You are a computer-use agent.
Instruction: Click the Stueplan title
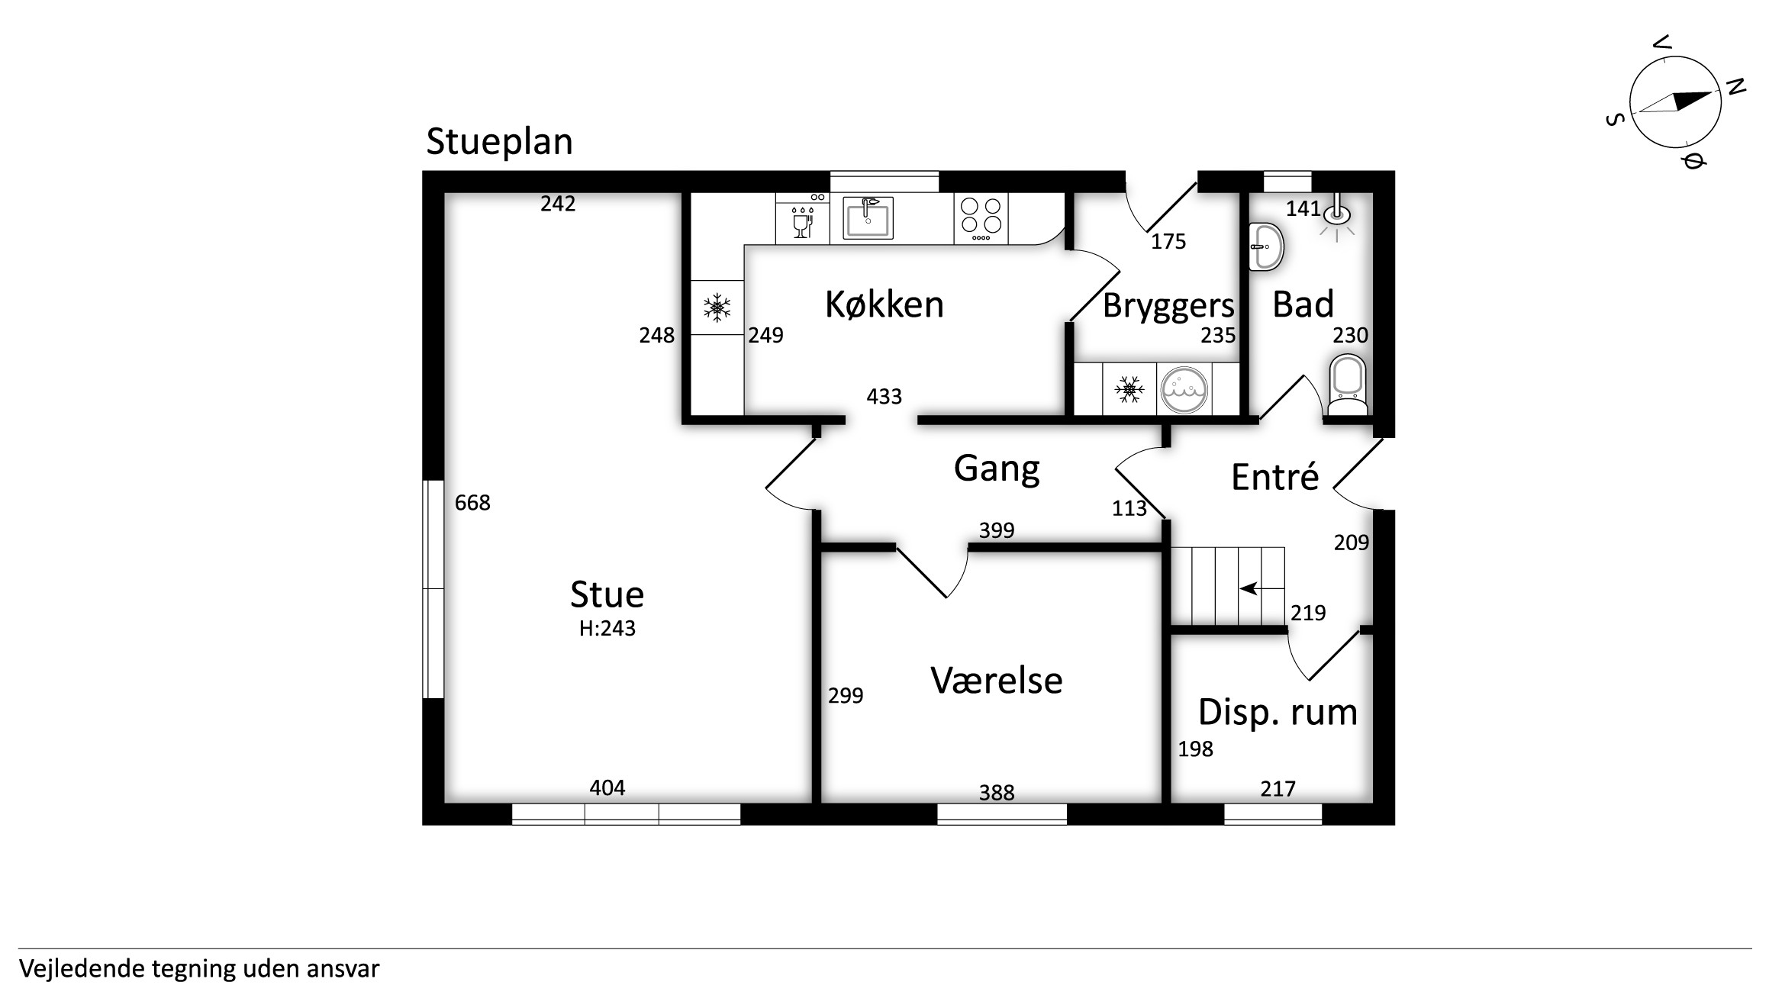coord(499,142)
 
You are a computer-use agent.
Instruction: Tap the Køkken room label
coord(884,304)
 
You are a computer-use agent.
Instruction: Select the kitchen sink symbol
coord(868,218)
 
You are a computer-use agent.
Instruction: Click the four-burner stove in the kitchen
coord(981,219)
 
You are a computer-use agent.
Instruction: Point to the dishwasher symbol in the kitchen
coord(802,219)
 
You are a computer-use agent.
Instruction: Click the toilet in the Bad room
coord(1348,386)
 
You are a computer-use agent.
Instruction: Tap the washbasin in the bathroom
coord(1266,246)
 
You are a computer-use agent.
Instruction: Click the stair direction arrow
coord(1250,589)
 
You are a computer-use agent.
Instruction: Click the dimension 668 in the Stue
coord(472,503)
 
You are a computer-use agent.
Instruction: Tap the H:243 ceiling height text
coord(607,628)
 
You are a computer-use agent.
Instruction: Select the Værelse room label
coord(997,681)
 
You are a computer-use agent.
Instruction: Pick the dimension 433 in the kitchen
coord(884,397)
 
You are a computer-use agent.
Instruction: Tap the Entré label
coord(1275,477)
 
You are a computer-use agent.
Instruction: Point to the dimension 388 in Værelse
coord(997,793)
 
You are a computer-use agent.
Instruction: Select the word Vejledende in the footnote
coord(82,969)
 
